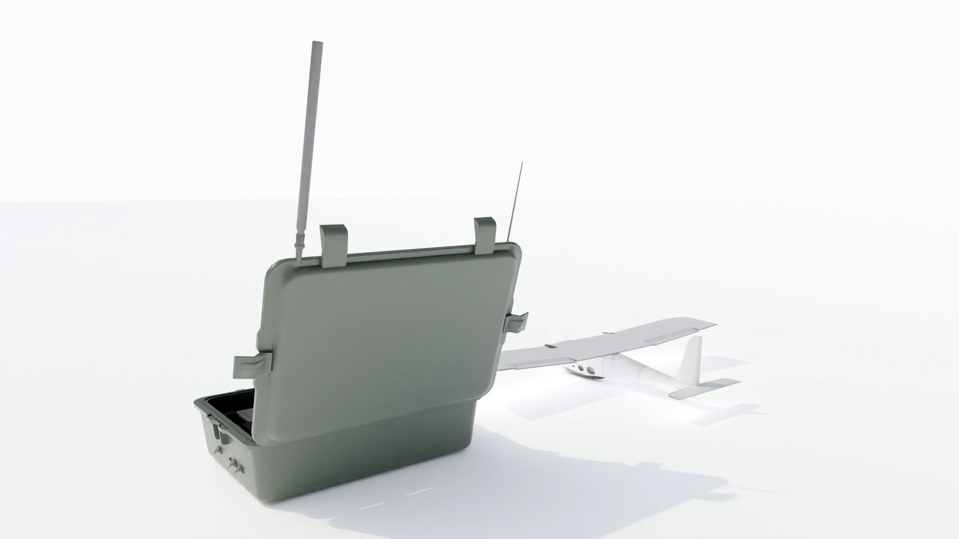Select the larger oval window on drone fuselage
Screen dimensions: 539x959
590,370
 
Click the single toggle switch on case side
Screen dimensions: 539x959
217,452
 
